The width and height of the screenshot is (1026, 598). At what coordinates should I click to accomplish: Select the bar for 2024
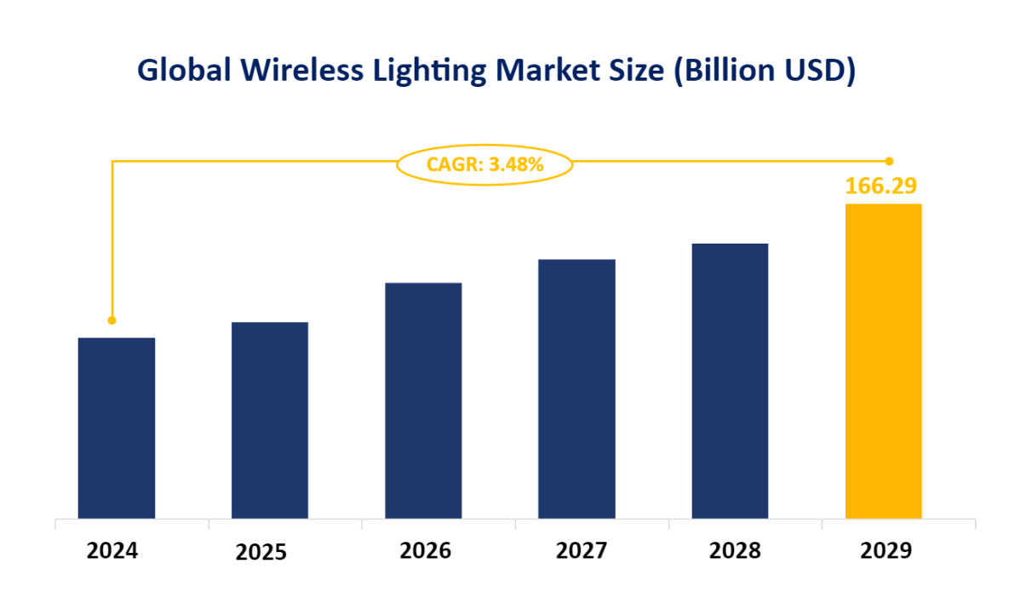pyautogui.click(x=117, y=428)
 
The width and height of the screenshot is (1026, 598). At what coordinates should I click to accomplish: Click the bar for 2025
pyautogui.click(x=270, y=420)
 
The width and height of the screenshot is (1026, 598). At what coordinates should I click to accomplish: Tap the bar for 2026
pyautogui.click(x=423, y=400)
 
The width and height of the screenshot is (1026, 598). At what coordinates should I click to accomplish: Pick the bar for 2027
pyautogui.click(x=576, y=388)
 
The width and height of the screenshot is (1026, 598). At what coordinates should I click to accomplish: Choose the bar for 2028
pyautogui.click(x=730, y=381)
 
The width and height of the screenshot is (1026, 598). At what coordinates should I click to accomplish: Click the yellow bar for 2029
pyautogui.click(x=883, y=360)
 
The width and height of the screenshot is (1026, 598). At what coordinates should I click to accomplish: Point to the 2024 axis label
pyautogui.click(x=112, y=551)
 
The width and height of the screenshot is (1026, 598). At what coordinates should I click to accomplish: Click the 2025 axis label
pyautogui.click(x=261, y=553)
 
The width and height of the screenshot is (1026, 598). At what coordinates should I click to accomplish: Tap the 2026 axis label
pyautogui.click(x=426, y=551)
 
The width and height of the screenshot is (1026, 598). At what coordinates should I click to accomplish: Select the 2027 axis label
pyautogui.click(x=582, y=551)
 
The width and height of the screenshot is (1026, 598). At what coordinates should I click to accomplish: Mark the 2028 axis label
pyautogui.click(x=735, y=551)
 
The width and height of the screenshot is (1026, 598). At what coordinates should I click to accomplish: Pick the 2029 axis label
pyautogui.click(x=886, y=551)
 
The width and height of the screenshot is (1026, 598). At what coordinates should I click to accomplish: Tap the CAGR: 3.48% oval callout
pyautogui.click(x=484, y=164)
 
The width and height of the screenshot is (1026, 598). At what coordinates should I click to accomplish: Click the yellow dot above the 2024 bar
pyautogui.click(x=112, y=320)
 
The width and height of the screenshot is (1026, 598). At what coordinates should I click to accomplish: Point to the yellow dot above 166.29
pyautogui.click(x=889, y=161)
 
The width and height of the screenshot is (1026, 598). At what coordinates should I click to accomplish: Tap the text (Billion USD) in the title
pyautogui.click(x=764, y=72)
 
